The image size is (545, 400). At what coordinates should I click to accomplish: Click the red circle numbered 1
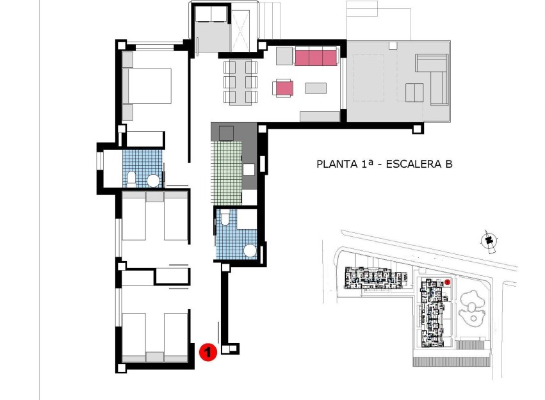tap(207, 351)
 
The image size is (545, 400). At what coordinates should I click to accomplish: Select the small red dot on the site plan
tap(448, 282)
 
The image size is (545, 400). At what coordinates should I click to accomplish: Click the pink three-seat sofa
tap(316, 58)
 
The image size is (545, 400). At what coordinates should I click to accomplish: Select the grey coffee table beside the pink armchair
tap(316, 88)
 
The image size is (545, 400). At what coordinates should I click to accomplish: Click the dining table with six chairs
tap(240, 82)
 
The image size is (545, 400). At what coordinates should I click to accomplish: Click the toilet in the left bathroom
tap(131, 179)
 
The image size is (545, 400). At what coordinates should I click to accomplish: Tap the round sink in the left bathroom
tap(154, 181)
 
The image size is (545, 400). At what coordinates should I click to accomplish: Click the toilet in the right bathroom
tap(225, 219)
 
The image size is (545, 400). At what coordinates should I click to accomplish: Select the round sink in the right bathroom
tap(249, 252)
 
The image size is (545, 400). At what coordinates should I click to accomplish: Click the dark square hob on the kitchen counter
tap(225, 132)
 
